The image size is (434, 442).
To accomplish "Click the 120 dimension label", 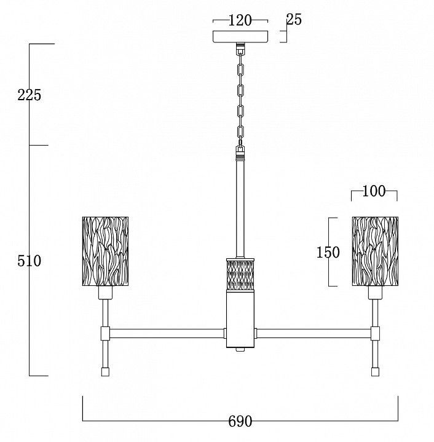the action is point(240,20).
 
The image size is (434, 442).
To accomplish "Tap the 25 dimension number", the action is point(294,20).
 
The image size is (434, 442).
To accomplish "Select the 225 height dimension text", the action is point(30,95).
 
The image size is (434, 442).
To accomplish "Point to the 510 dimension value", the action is point(30,261).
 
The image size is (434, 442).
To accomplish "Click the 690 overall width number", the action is point(240,422).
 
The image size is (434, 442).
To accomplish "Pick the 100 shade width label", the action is point(374,191).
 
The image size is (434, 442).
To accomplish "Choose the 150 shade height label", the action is point(328,252).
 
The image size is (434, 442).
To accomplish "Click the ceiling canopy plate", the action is point(240,37).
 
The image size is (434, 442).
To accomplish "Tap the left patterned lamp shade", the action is point(105,251).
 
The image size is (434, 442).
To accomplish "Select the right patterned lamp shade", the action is point(375,251).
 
